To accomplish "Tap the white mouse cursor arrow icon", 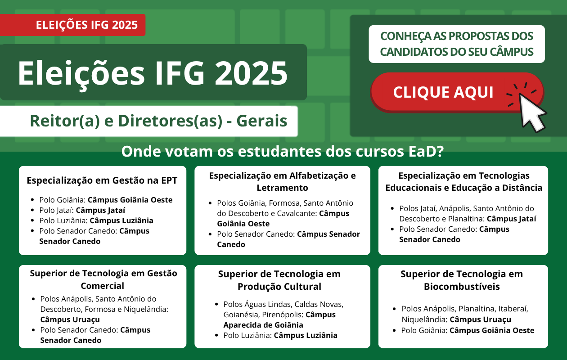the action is [531, 112].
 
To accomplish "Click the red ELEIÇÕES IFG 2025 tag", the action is [72, 25].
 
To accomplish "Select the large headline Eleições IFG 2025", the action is [153, 73].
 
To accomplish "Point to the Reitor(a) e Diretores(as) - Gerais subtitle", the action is [158, 121].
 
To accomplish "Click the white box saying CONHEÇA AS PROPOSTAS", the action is [457, 44].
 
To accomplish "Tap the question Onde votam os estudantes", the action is [283, 151].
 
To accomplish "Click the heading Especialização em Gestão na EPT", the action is [102, 180].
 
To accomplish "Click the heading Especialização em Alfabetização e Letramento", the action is [282, 181].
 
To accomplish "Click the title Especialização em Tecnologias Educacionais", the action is [463, 181].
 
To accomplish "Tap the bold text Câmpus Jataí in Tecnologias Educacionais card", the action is [511, 219].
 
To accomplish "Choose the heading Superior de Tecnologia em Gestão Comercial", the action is [103, 279].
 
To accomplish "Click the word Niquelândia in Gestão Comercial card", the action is [146, 309].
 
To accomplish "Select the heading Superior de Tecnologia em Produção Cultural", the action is [279, 280].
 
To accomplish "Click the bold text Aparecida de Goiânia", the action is [263, 325].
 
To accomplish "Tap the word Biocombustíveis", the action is [462, 287].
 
